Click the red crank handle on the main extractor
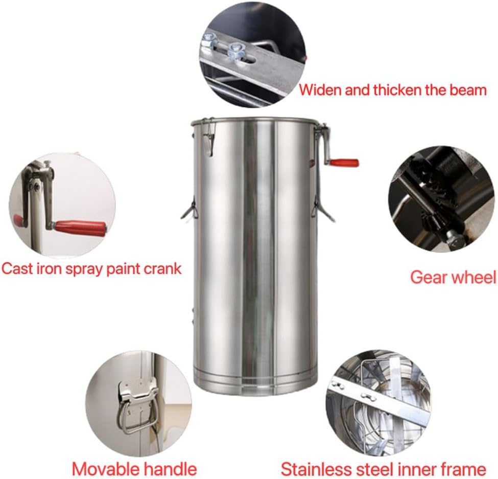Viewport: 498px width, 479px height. pyautogui.click(x=344, y=163)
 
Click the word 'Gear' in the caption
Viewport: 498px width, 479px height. pyautogui.click(x=428, y=277)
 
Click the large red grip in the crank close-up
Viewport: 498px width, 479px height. pyautogui.click(x=80, y=228)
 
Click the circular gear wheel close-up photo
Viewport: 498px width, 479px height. pyautogui.click(x=441, y=199)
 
